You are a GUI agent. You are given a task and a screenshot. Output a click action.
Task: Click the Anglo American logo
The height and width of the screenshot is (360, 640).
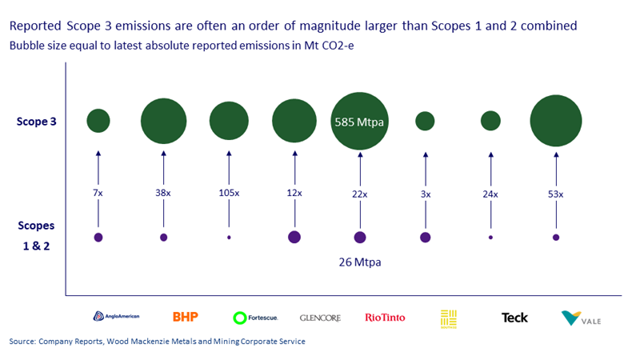click(116, 317)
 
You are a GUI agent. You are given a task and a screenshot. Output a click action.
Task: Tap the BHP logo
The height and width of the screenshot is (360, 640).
click(185, 317)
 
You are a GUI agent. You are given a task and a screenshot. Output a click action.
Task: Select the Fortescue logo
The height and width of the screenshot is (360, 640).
click(255, 318)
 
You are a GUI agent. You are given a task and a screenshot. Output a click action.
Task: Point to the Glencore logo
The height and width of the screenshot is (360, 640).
click(320, 318)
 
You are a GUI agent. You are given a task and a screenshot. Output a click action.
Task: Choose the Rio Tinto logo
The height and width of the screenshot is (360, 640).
click(385, 318)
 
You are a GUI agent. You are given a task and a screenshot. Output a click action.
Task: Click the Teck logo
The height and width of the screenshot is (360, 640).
click(514, 318)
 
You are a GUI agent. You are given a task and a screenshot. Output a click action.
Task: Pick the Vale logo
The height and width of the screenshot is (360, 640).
click(582, 318)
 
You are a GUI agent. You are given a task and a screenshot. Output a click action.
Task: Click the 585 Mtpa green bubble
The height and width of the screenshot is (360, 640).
click(359, 122)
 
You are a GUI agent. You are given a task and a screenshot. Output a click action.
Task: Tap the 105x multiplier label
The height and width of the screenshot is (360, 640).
click(230, 194)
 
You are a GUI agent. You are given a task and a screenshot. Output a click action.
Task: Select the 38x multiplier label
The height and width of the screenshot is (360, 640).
click(163, 194)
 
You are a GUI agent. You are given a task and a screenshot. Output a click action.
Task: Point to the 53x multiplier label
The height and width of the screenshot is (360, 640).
click(555, 194)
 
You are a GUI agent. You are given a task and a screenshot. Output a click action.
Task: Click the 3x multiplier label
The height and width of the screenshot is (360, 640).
click(426, 194)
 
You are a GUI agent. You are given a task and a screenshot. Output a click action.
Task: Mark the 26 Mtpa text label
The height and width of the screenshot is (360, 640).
click(360, 260)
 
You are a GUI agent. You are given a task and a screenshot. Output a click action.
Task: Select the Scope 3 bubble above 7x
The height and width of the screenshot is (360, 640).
click(98, 121)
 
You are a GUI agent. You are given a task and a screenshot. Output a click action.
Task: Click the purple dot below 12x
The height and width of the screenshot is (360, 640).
click(294, 237)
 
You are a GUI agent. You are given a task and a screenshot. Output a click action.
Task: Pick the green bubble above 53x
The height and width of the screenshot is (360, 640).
click(555, 121)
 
